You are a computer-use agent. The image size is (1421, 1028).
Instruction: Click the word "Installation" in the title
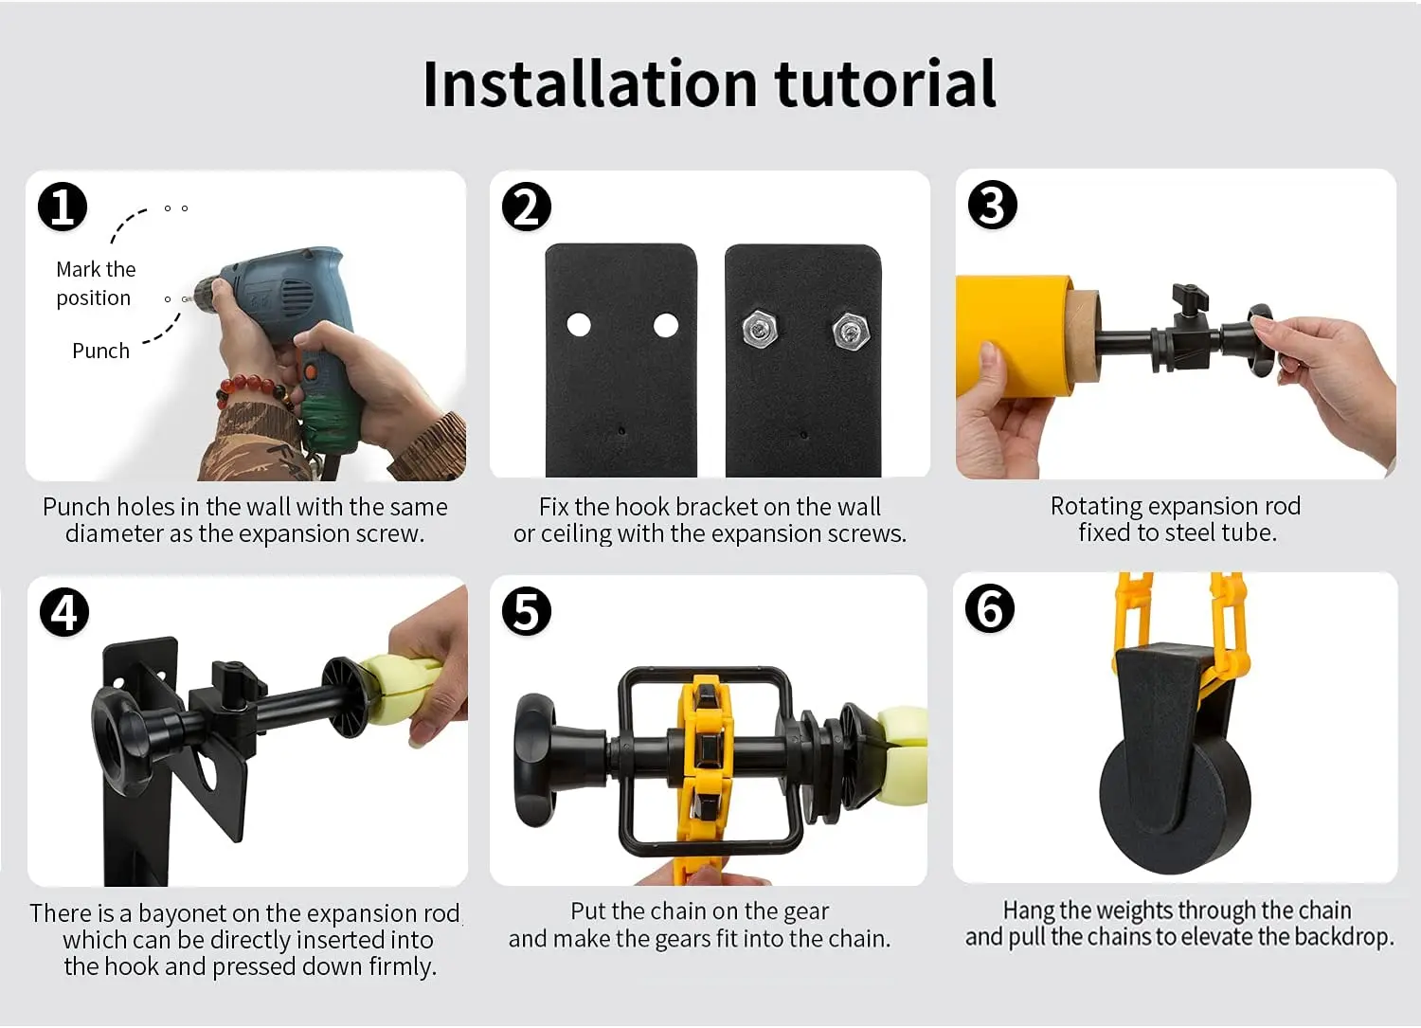click(x=590, y=83)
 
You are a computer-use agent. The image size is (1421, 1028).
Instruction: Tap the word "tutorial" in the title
click(x=886, y=83)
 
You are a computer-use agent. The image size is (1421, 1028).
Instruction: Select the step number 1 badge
click(x=63, y=207)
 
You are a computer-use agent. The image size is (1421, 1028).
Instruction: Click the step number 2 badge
click(x=527, y=207)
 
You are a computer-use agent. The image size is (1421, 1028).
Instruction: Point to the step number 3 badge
click(x=993, y=205)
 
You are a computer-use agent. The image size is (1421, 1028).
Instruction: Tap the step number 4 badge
click(x=64, y=612)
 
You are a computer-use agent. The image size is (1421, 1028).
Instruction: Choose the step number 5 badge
click(x=527, y=611)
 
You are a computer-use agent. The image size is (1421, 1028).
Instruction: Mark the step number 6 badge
click(x=990, y=608)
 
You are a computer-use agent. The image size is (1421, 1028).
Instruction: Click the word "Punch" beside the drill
click(x=100, y=351)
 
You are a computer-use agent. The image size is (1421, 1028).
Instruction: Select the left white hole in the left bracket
click(x=579, y=325)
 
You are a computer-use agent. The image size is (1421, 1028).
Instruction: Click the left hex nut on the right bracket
click(x=760, y=329)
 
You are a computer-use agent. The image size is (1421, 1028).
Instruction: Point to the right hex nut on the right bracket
click(x=851, y=332)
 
